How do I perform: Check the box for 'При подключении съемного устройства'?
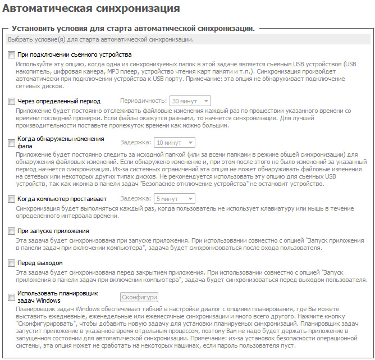pyautogui.click(x=12, y=55)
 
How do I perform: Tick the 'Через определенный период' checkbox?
pyautogui.click(x=12, y=102)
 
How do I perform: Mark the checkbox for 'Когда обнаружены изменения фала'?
pyautogui.click(x=12, y=143)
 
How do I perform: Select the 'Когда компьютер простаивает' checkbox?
pyautogui.click(x=12, y=199)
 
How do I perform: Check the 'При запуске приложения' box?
pyautogui.click(x=12, y=231)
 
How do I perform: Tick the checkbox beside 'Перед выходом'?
pyautogui.click(x=12, y=263)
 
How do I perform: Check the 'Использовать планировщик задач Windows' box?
pyautogui.click(x=12, y=298)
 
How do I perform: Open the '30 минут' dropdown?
pyautogui.click(x=190, y=101)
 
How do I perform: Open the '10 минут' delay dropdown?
pyautogui.click(x=175, y=143)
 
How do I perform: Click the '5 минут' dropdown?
pyautogui.click(x=175, y=198)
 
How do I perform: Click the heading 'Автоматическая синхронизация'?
pyautogui.click(x=91, y=9)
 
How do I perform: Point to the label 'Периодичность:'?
pyautogui.click(x=144, y=101)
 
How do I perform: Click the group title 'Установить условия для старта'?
pyautogui.click(x=133, y=28)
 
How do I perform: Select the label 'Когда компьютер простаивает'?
pyautogui.click(x=62, y=199)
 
